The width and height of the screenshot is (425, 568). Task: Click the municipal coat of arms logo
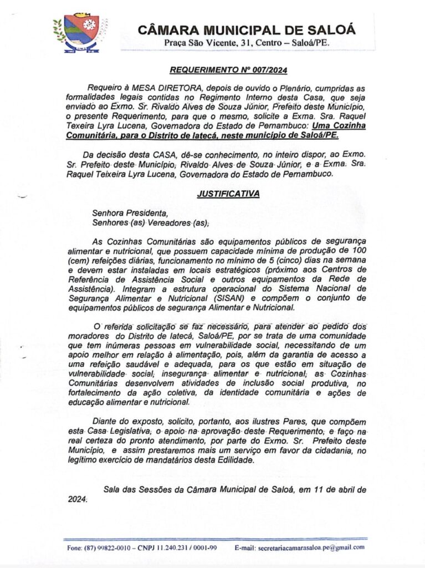coord(81,33)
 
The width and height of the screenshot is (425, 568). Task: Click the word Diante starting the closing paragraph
coord(105,421)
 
